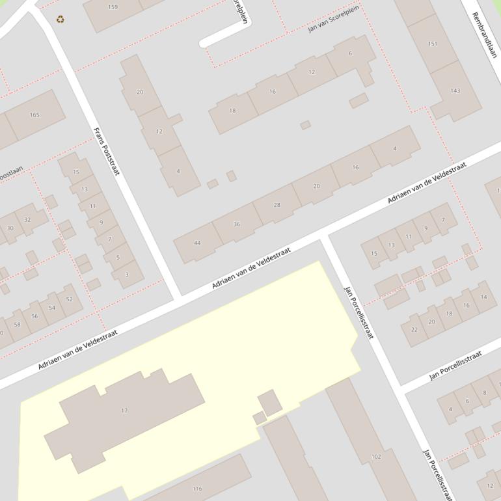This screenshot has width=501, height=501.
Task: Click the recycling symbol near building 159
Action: pos(61,20)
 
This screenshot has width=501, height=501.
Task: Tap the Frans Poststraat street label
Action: pos(107,151)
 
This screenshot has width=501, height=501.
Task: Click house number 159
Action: pos(113,7)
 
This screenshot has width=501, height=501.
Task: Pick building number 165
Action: pos(34,115)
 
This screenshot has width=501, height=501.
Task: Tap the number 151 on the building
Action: pos(433,44)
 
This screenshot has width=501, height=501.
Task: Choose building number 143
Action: pos(455,90)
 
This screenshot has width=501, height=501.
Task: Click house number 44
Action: pos(197,243)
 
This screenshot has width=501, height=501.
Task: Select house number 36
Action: pos(237,224)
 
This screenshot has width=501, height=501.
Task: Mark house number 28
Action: pos(277,205)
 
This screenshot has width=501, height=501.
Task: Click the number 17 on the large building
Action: pos(124,411)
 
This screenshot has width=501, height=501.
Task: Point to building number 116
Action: pos(197,488)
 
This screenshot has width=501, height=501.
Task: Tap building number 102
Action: pos(376,457)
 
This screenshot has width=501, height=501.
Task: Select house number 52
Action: pos(70,299)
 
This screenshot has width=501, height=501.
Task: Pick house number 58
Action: pos(18,324)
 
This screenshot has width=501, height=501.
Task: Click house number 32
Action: pos(27,220)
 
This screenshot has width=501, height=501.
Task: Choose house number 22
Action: pos(414,329)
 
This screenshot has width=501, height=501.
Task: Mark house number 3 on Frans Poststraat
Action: pos(127,275)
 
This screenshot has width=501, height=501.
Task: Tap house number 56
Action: pos(35,316)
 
